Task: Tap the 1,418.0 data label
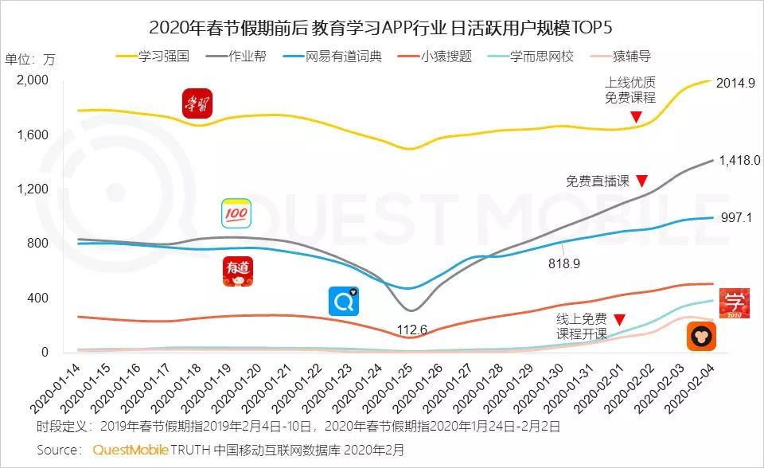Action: [739, 160]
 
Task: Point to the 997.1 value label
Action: [737, 218]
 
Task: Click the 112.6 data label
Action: [413, 330]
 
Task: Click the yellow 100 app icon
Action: [236, 213]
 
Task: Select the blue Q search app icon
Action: [344, 302]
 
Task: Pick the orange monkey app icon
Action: [701, 337]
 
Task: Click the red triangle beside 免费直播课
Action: [641, 181]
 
